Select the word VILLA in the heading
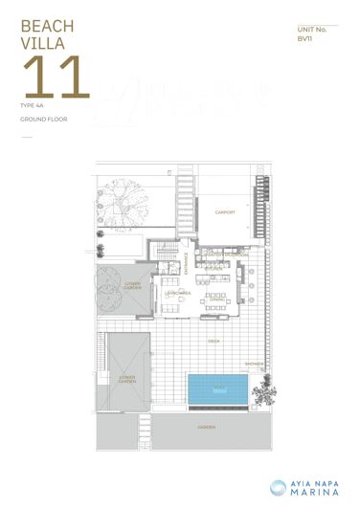point(37,43)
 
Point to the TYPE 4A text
point(31,105)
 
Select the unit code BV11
point(304,39)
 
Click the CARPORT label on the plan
point(225,212)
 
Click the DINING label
point(217,299)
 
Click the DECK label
point(214,340)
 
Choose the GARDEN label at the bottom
point(206,427)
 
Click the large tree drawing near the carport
point(125,203)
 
